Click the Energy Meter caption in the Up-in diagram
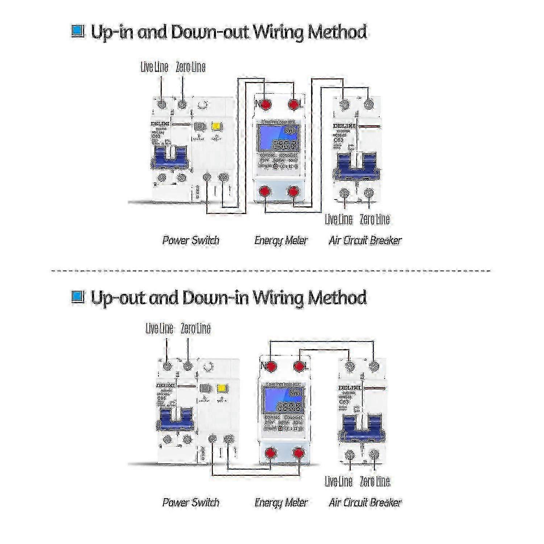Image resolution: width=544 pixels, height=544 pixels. pos(281,240)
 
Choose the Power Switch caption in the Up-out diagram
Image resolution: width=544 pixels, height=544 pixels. pos(191,503)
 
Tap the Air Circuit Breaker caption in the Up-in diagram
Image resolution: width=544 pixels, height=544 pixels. pos(365,240)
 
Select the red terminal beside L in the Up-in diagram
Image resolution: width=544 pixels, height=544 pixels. pos(293,104)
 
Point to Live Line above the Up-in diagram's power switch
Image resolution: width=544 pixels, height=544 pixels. pos(154,67)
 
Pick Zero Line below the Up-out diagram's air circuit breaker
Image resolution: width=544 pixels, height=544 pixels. pos(375,482)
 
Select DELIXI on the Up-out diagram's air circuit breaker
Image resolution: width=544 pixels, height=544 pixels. pos(349,388)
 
